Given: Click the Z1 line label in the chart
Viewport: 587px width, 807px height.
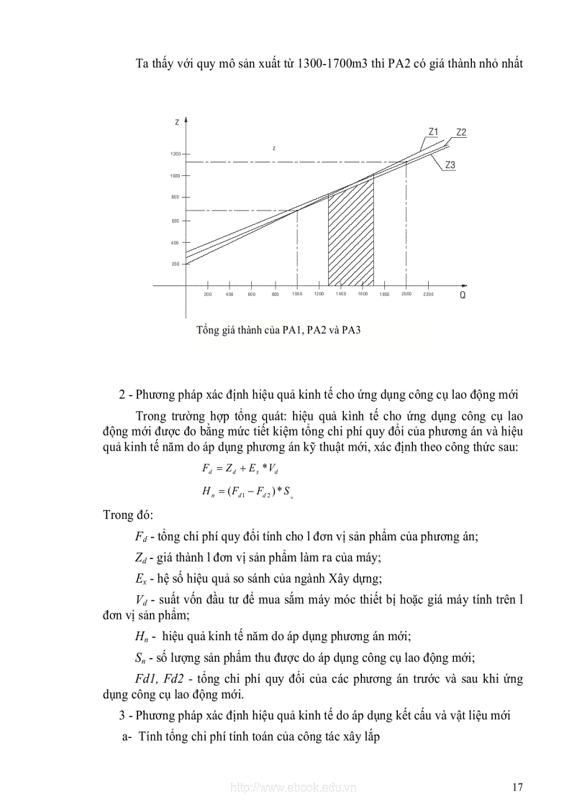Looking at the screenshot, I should click(x=433, y=132).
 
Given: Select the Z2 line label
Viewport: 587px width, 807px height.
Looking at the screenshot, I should click(x=461, y=132).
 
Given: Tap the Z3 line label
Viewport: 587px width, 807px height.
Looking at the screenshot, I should click(x=450, y=165).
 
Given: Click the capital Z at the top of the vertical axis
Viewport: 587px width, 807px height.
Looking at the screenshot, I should click(x=177, y=123).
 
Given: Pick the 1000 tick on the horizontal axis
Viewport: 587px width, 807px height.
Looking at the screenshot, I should click(x=297, y=295).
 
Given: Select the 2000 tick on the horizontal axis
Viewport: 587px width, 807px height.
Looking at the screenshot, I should click(x=406, y=295).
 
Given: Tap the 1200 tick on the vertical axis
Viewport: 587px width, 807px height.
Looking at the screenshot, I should click(x=176, y=155).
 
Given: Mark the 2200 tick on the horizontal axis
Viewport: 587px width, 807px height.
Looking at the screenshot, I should click(x=429, y=295).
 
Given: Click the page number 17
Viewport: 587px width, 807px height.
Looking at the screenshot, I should click(x=517, y=787).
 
